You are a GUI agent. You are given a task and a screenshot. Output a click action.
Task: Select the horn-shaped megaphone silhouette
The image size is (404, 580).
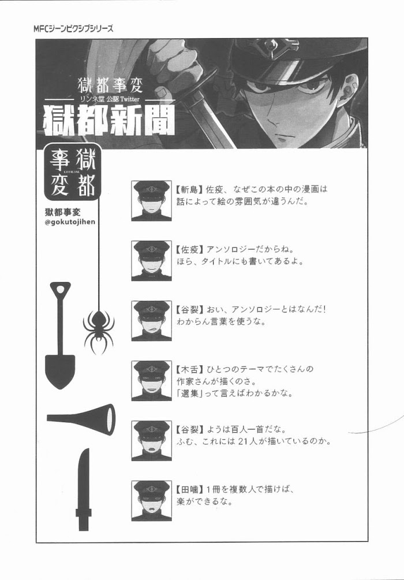click(81, 419)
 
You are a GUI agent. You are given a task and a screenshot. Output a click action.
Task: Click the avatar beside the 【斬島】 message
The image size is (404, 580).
click(152, 201)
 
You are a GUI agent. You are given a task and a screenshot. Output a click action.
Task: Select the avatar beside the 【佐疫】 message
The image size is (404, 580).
click(152, 261)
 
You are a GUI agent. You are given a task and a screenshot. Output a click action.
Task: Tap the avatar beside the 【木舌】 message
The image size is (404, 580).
click(152, 381)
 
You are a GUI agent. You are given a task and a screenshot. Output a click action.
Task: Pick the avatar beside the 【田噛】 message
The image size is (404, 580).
click(152, 501)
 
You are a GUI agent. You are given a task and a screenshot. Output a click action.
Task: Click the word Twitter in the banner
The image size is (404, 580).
click(129, 99)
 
